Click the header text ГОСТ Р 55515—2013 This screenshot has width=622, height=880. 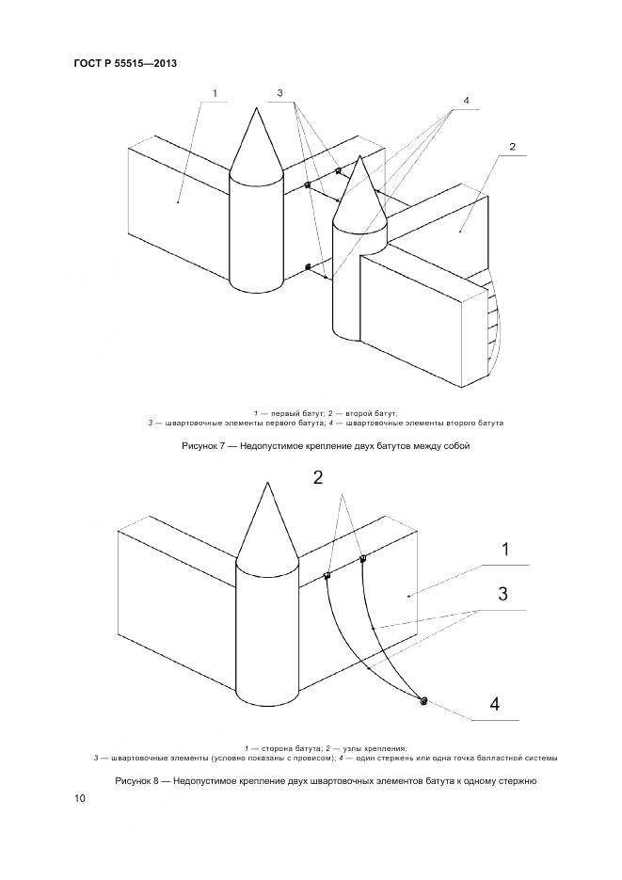tap(125, 64)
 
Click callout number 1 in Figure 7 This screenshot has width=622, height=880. tap(215, 94)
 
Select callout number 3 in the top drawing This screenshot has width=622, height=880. tap(279, 93)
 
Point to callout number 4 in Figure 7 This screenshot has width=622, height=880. tap(466, 101)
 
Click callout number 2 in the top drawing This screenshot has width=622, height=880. tap(511, 147)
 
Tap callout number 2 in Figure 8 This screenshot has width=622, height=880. tap(318, 477)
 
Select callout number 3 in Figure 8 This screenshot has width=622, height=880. tap(503, 594)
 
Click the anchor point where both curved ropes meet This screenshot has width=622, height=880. tap(423, 700)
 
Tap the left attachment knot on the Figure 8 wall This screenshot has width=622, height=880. tap(327, 576)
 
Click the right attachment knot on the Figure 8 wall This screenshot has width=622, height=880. tap(362, 560)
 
